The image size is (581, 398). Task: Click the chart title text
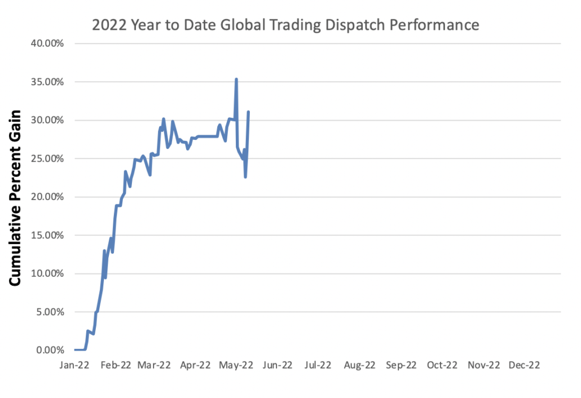point(285,25)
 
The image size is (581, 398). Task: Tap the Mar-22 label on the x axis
point(155,365)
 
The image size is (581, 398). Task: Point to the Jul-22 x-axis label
point(318,365)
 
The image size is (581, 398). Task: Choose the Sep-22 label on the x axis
point(401,365)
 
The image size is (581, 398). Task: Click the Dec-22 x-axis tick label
point(525,365)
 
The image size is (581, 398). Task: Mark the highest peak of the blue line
point(236,79)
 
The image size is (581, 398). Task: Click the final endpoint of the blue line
point(249,112)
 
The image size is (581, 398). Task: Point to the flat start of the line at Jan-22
point(80,350)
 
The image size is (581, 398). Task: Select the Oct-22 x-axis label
point(442,365)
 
